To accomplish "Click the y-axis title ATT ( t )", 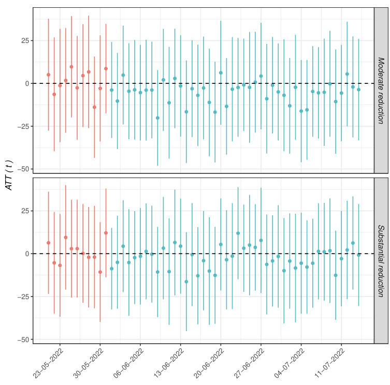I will pyautogui.click(x=9, y=175).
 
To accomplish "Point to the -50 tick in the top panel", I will pyautogui.click(x=23, y=169).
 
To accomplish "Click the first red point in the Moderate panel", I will pyautogui.click(x=48, y=75).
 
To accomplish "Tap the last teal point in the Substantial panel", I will pyautogui.click(x=358, y=255).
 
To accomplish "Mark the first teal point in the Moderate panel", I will pyautogui.click(x=111, y=90).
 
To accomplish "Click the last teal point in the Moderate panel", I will pyautogui.click(x=358, y=90).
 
